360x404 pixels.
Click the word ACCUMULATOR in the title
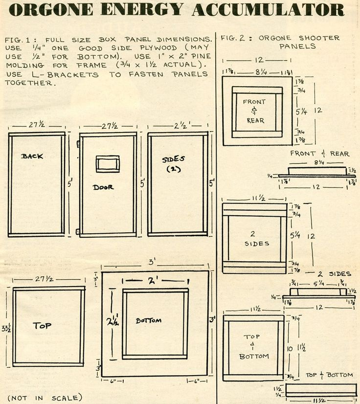(x=268, y=9)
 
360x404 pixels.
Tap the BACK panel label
(x=32, y=156)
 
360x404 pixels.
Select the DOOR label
(x=103, y=187)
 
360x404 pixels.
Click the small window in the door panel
(x=108, y=164)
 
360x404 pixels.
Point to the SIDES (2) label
(x=174, y=163)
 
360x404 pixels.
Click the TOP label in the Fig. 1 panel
(x=43, y=325)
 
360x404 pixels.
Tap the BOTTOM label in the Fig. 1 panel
(x=148, y=320)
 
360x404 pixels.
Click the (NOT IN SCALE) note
(x=45, y=397)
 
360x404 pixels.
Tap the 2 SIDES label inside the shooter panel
(x=254, y=238)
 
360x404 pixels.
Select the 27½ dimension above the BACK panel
(x=37, y=125)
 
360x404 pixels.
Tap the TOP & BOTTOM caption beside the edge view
(x=329, y=375)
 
